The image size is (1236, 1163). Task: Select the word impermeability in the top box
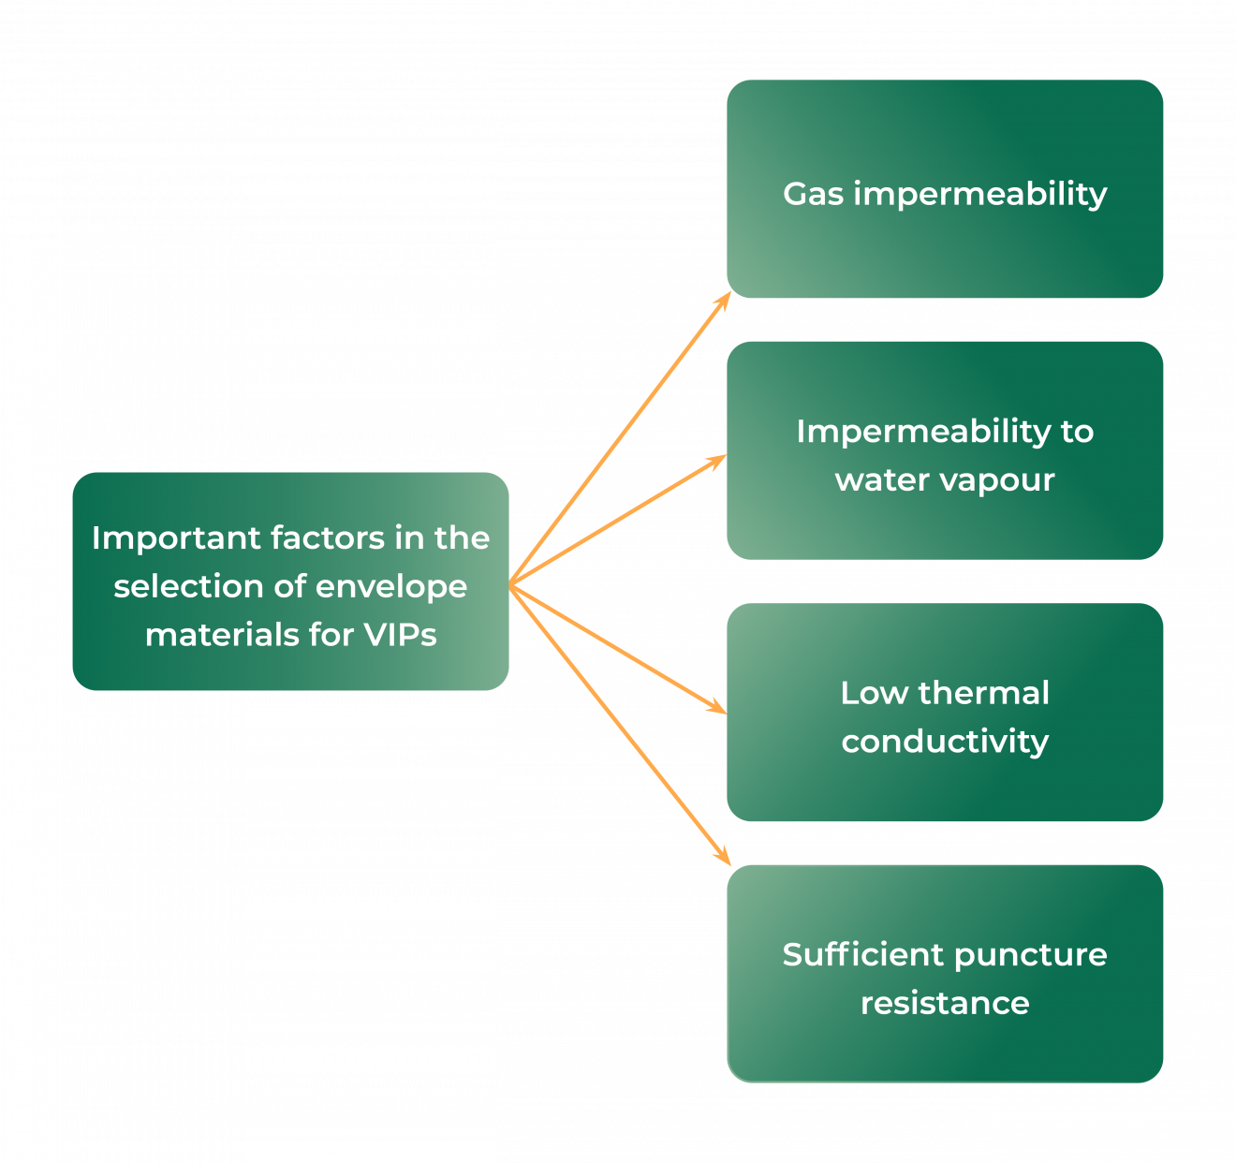980,194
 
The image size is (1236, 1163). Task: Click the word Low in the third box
875,693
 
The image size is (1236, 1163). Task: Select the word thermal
984,693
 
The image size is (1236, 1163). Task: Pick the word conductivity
945,742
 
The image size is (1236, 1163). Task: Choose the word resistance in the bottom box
945,1003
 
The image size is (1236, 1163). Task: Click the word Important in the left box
175,538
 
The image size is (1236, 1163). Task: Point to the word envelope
392,587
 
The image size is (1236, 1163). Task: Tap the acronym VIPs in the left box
400,635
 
